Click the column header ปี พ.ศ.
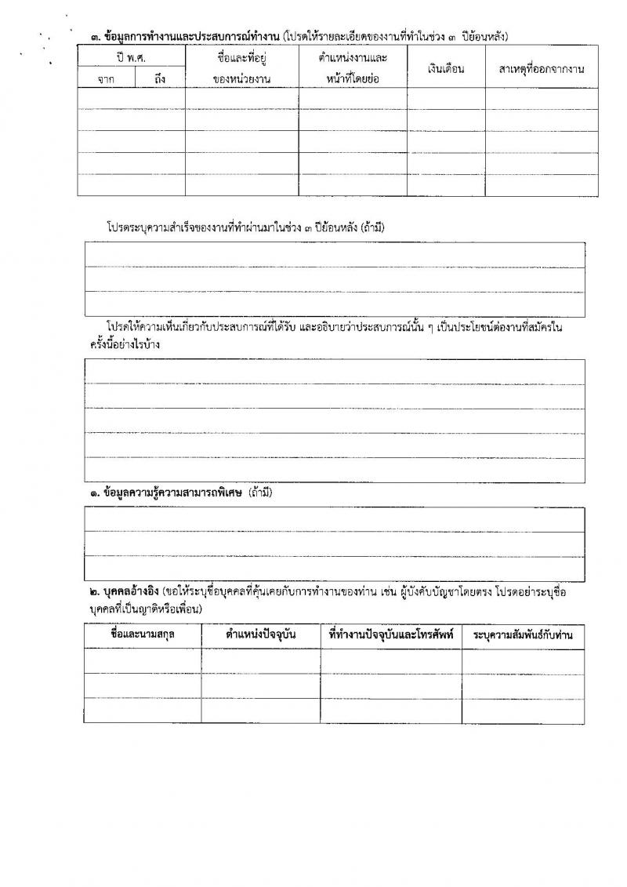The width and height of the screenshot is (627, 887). coord(131,58)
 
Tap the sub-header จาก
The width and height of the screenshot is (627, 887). coord(106,78)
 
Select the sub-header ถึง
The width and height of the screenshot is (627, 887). coord(160,78)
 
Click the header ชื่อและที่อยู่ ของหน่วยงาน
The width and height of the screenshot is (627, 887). coord(241,68)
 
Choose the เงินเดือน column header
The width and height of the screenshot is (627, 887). coord(446,69)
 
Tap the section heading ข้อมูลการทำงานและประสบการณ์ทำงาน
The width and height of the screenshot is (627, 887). coord(187,36)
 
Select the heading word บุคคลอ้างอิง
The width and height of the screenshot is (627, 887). coord(127,592)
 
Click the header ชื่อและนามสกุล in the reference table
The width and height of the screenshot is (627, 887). coord(143,634)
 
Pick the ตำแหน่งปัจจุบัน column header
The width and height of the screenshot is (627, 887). coord(260,634)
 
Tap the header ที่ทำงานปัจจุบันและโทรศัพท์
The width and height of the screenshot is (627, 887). coord(391,634)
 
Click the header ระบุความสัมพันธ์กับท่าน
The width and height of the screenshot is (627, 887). coord(523,634)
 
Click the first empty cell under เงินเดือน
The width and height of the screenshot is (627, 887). coord(446,97)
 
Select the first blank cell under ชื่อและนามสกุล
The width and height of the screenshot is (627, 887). coord(143,661)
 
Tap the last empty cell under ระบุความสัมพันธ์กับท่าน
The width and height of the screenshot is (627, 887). coord(523,711)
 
